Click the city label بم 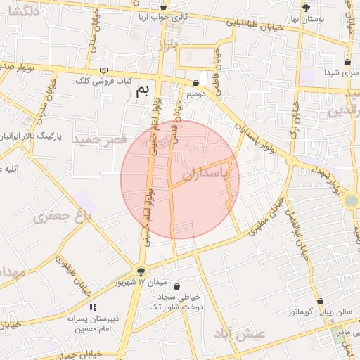pyautogui.click(x=143, y=90)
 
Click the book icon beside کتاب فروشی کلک pyautogui.click(x=104, y=70)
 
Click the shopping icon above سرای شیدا pyautogui.click(x=347, y=61)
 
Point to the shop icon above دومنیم pyautogui.click(x=195, y=83)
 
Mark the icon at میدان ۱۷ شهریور pyautogui.click(x=141, y=271)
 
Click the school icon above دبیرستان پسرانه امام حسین pyautogui.click(x=93, y=307)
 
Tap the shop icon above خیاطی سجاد pyautogui.click(x=176, y=286)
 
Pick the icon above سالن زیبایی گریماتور pyautogui.click(x=320, y=301)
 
